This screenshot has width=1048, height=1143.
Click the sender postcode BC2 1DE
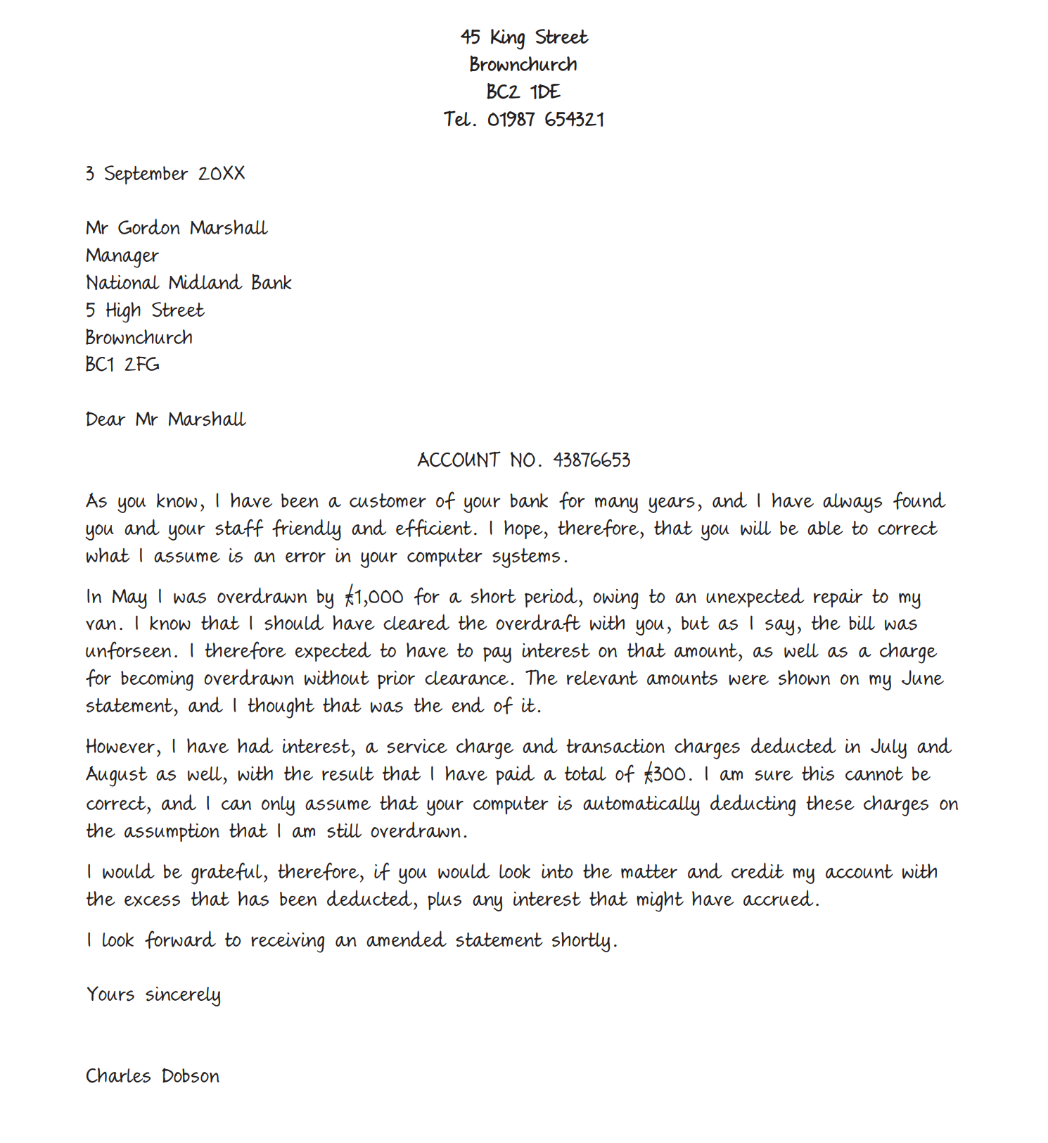click(x=523, y=92)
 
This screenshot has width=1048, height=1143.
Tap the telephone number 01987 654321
click(x=545, y=120)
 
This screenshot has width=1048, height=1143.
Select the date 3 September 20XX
click(x=165, y=174)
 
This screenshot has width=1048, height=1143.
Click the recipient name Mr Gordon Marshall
click(x=177, y=228)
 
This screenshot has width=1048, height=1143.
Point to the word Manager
click(x=122, y=255)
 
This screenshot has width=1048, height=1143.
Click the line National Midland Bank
click(x=188, y=283)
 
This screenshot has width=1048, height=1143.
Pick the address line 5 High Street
click(x=145, y=310)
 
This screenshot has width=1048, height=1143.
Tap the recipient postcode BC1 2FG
click(x=122, y=365)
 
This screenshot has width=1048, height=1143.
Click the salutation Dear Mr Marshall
click(x=165, y=419)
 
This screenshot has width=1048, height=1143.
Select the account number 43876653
click(x=592, y=460)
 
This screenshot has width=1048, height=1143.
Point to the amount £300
click(x=665, y=775)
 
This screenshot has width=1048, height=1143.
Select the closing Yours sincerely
click(x=153, y=995)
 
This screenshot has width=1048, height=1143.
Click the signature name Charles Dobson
click(x=153, y=1077)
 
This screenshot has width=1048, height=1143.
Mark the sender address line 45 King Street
click(x=524, y=37)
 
